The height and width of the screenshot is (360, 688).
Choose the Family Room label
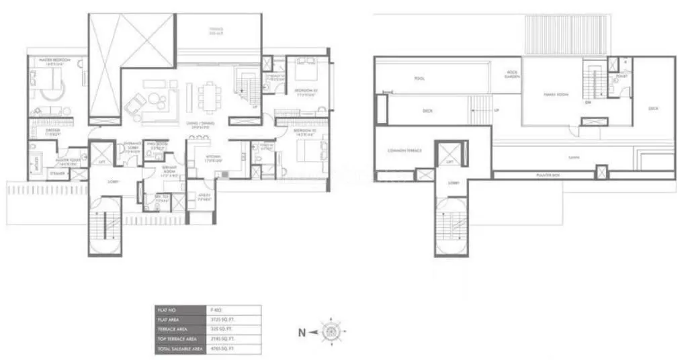point(556,95)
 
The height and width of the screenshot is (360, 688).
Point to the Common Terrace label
point(404,150)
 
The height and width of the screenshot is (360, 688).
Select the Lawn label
point(573,159)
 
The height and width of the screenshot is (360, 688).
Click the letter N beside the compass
point(302,330)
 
